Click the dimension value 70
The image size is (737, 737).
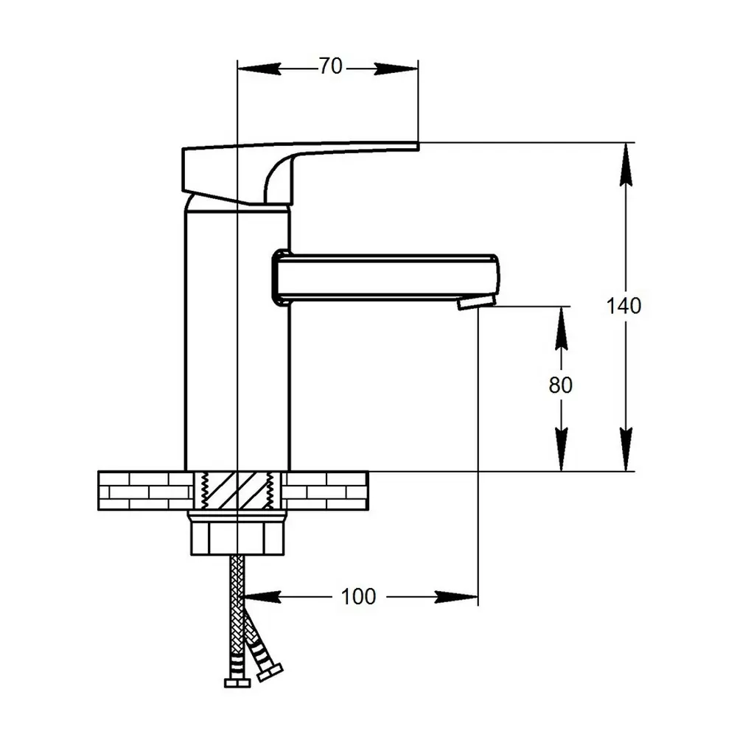coord(331,66)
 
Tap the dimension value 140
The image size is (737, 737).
coord(624,305)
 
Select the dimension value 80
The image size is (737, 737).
coord(561,385)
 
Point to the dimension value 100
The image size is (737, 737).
coord(359,596)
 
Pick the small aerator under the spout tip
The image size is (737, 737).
coord(467,303)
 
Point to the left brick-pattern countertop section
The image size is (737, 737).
coord(144,491)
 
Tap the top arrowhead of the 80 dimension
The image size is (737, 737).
coord(561,324)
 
